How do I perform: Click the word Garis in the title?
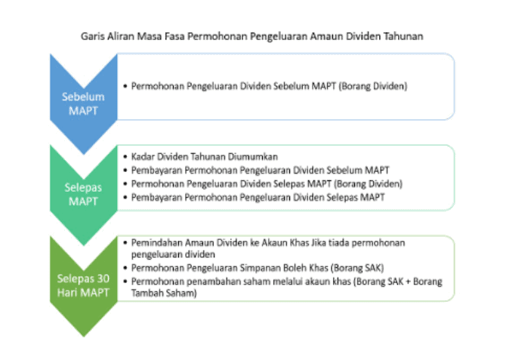(x=93, y=36)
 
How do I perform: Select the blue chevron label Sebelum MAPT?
(x=83, y=104)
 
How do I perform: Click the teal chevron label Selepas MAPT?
(x=83, y=194)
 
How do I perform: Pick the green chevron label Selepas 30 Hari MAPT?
(x=83, y=285)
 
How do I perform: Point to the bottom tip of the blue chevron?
(x=84, y=155)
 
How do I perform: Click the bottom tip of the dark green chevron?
(x=84, y=337)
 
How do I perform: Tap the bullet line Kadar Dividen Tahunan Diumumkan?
(x=205, y=157)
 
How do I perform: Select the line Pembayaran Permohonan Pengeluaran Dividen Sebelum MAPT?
(x=260, y=171)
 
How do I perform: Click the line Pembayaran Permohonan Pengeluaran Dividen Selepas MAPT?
(x=258, y=197)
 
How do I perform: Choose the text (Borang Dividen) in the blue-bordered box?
(x=373, y=86)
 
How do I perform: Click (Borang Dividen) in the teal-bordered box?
(x=369, y=184)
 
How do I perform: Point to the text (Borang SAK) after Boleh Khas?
(x=357, y=268)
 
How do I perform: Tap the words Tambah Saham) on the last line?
(x=164, y=293)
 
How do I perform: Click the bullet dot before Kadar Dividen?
(x=125, y=157)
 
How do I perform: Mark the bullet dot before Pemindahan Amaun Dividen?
(x=125, y=243)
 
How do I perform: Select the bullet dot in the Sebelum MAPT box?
(x=125, y=86)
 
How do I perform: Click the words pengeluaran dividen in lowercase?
(x=173, y=254)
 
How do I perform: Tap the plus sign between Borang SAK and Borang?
(x=416, y=282)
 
